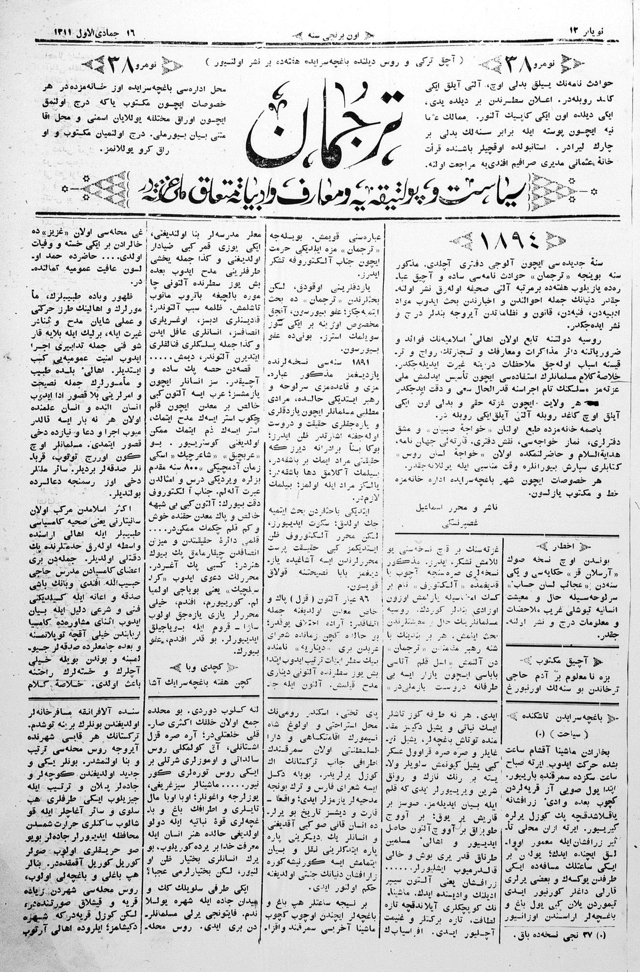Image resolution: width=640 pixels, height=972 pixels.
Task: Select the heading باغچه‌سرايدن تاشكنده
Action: pos(562,718)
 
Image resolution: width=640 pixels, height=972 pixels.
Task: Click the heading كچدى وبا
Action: pos(206,668)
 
